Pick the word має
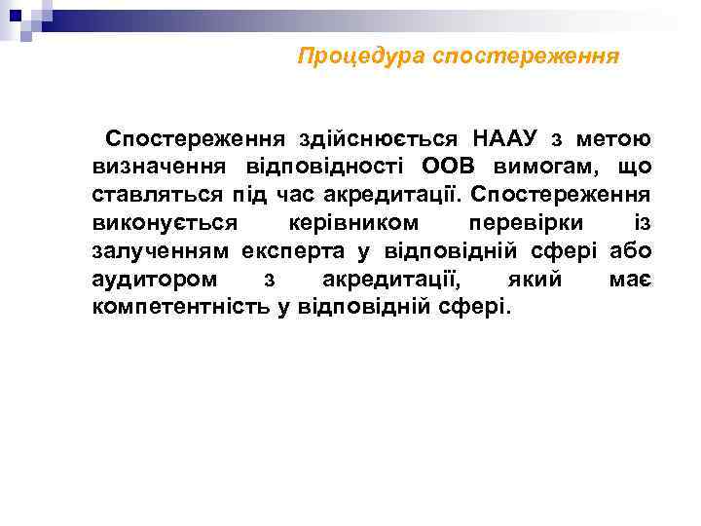tap(630, 280)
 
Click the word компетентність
tap(194, 308)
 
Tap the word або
tap(630, 251)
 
